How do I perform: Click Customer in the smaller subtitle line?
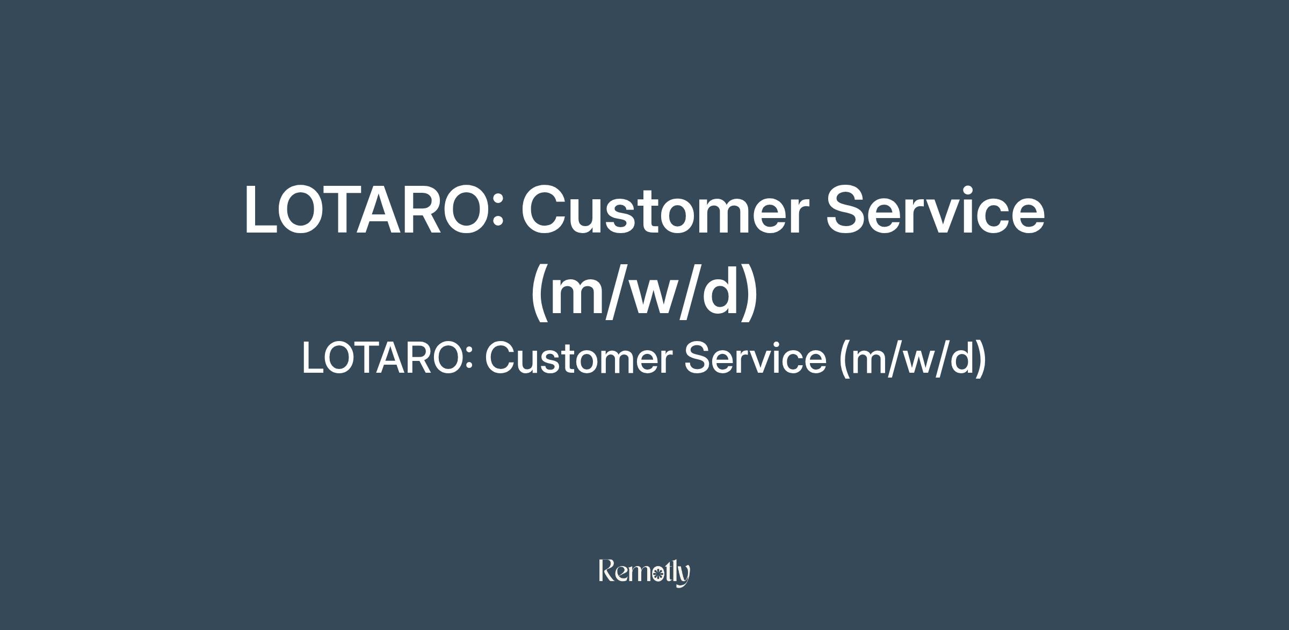[x=578, y=358]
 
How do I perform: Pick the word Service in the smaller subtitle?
[x=755, y=358]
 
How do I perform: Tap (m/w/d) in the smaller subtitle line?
[x=913, y=359]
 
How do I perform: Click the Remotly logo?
[x=644, y=573]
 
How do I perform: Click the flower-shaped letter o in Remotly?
[x=656, y=575]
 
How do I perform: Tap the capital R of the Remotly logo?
[x=607, y=570]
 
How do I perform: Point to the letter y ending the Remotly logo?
[x=683, y=576]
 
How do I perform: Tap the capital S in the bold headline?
[x=848, y=209]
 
